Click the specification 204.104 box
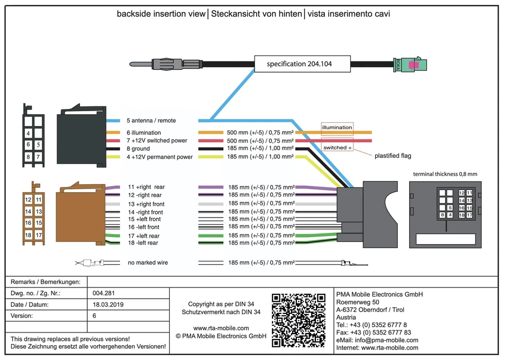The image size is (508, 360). [302, 64]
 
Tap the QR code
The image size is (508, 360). [298, 320]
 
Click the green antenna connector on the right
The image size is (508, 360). [410, 64]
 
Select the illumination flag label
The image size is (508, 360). [337, 128]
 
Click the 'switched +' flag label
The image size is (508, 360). [337, 147]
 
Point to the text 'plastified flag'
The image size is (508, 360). [393, 156]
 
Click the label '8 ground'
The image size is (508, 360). [138, 149]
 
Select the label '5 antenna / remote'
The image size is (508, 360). [151, 121]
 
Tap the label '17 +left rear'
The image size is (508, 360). [144, 236]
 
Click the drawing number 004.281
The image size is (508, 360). [104, 293]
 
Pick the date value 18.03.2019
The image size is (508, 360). [108, 304]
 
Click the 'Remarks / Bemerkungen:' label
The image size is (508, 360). [46, 282]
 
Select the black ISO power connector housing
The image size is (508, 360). [81, 136]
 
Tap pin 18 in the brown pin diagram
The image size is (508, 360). [28, 235]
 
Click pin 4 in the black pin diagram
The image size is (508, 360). [28, 133]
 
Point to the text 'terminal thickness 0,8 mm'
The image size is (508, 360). [445, 174]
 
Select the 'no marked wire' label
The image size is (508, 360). [148, 263]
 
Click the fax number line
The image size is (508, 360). [374, 332]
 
